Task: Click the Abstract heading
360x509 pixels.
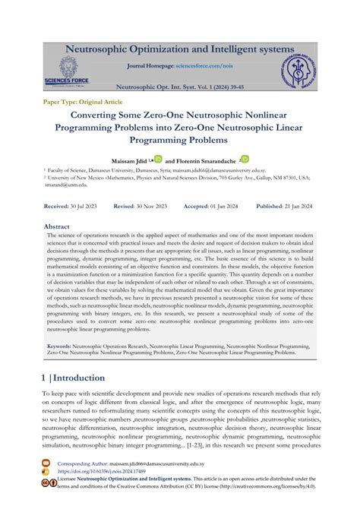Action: coord(57,226)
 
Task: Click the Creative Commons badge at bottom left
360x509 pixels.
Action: coord(48,482)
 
